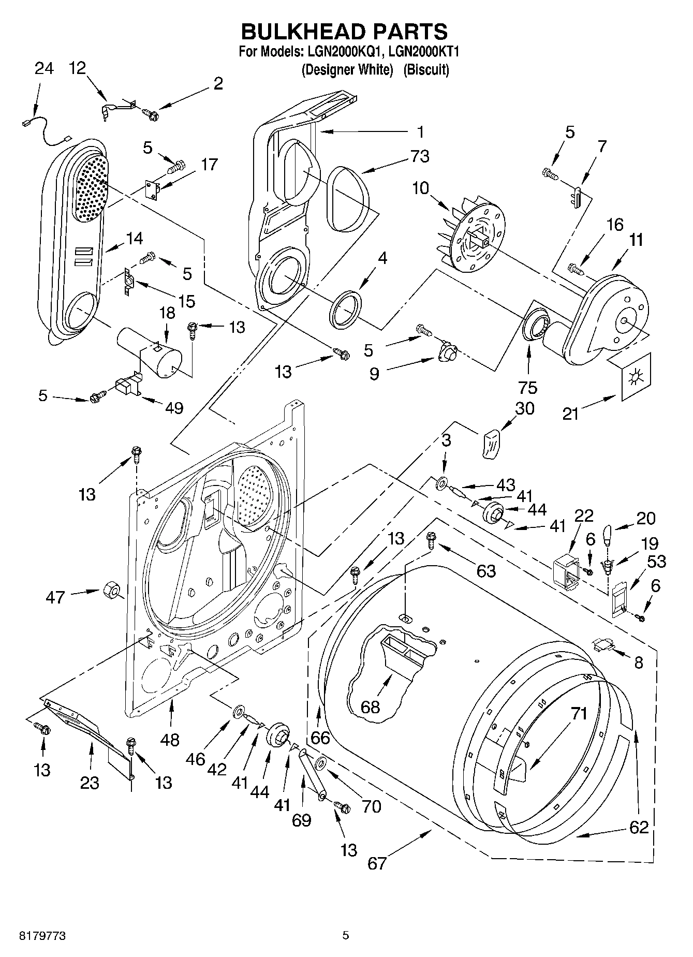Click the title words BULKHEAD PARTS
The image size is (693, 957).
click(345, 32)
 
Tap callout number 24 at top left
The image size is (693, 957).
click(44, 68)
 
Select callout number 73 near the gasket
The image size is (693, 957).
click(419, 156)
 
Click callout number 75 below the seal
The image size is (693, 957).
click(528, 387)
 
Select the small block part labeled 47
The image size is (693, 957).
click(110, 590)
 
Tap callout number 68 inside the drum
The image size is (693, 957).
click(370, 706)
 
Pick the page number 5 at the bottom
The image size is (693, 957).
click(346, 935)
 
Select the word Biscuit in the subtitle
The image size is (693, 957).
click(426, 70)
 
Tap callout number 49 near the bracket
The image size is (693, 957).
click(174, 408)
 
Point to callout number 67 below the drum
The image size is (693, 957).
click(377, 863)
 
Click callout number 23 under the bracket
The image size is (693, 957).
click(90, 783)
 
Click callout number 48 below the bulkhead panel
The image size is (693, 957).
click(169, 740)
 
